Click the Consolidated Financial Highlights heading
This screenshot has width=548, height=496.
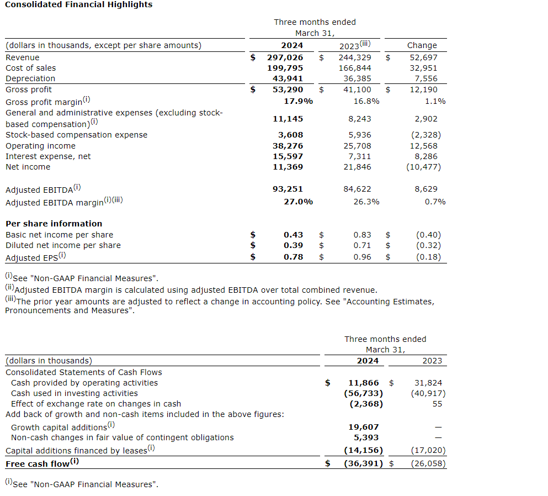(x=78, y=4)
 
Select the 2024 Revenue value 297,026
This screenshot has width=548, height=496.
(x=285, y=57)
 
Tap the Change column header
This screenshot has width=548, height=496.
(x=422, y=45)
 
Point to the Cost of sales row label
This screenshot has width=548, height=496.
(x=30, y=68)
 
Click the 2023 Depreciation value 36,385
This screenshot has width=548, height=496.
(x=355, y=78)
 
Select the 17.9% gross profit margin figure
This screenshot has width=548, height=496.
(x=298, y=101)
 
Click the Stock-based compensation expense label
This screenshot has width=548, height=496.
(x=76, y=135)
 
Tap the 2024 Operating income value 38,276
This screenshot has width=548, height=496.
(x=288, y=146)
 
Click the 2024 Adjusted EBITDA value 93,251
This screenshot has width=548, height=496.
(x=288, y=189)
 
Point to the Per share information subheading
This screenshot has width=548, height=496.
(x=54, y=224)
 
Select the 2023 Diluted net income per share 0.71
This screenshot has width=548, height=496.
(x=362, y=245)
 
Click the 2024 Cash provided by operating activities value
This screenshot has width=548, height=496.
(x=364, y=383)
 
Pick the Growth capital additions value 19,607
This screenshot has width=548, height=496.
(x=364, y=427)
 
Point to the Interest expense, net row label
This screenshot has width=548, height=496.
(x=48, y=156)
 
